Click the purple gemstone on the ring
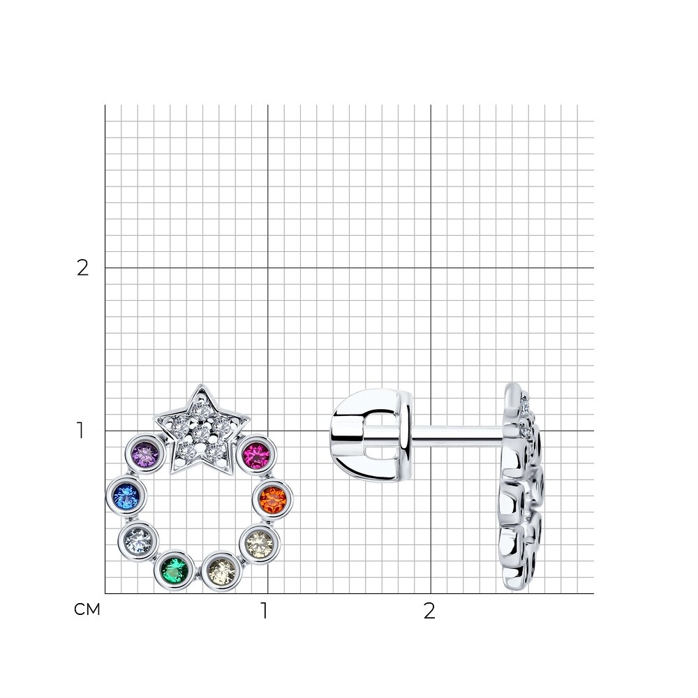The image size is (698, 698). (x=145, y=455)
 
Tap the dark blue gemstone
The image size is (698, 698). (x=126, y=496)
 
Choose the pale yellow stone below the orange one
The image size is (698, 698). (x=260, y=543)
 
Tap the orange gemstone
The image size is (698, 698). (x=272, y=500)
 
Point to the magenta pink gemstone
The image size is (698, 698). (x=257, y=455)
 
